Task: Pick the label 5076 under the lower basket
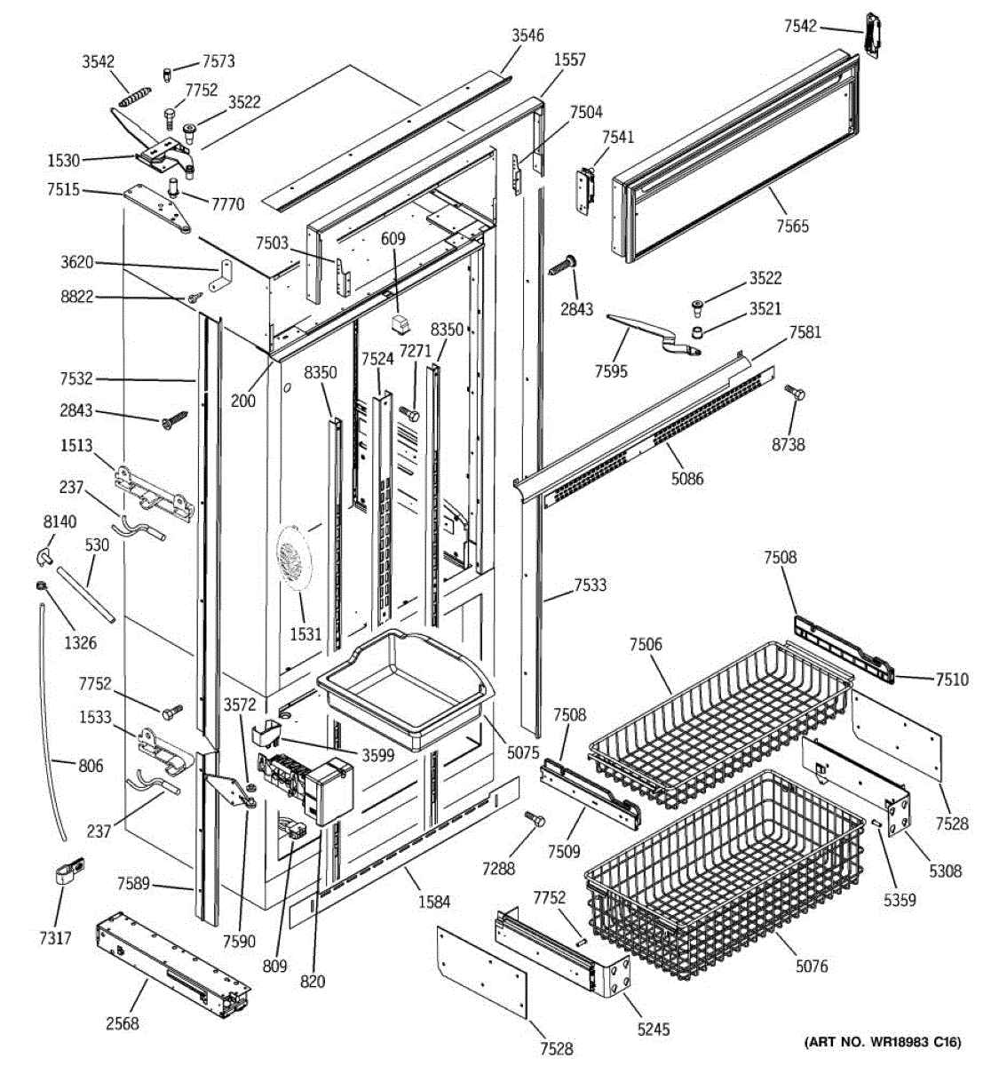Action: coord(811,966)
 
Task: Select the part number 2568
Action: coord(122,1023)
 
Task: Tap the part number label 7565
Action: coord(792,226)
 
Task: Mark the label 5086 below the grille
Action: coord(686,479)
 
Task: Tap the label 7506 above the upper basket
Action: coord(646,644)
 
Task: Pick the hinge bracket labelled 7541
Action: coord(585,191)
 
